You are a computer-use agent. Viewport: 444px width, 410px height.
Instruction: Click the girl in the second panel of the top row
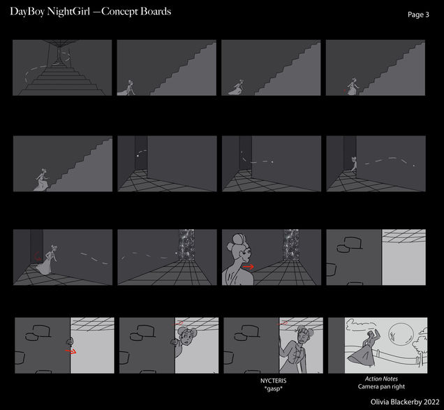click(129, 87)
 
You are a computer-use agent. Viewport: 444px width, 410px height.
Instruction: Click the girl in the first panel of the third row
click(50, 261)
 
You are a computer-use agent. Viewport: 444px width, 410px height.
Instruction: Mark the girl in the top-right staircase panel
click(353, 86)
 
